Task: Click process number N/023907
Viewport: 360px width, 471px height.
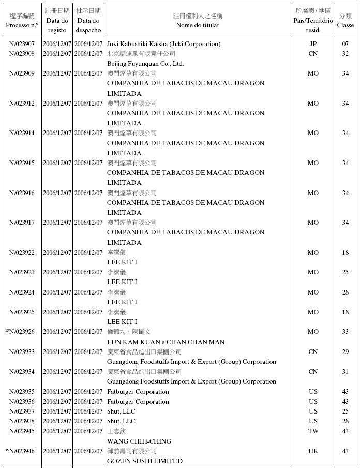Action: pos(22,44)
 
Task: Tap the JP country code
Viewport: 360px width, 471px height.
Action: pos(313,44)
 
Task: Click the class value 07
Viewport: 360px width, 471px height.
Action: pos(345,44)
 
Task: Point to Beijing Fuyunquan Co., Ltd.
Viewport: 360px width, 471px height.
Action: pos(145,64)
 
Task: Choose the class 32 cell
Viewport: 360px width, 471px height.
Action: pos(345,54)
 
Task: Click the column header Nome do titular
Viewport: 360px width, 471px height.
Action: pos(198,25)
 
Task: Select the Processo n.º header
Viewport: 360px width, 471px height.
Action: pos(22,25)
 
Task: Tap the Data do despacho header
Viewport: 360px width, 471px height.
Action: pos(88,25)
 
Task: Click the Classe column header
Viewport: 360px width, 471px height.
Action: pos(345,25)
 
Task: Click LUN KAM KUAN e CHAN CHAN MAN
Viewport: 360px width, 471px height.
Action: pos(166,342)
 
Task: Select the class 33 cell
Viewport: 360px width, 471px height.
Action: pos(345,332)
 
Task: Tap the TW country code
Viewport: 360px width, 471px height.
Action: pos(313,431)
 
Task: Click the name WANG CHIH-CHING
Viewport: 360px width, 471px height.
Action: pos(139,441)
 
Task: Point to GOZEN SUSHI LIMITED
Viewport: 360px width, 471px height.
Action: pos(144,461)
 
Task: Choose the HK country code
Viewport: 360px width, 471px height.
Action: pos(313,451)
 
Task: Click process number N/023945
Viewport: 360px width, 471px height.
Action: pos(22,431)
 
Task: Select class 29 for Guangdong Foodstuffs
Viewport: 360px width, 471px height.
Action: pos(345,352)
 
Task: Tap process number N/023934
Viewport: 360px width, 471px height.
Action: pos(22,372)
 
